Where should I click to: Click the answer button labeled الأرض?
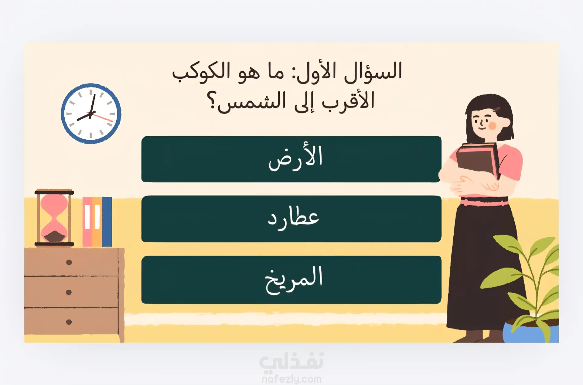point(291,159)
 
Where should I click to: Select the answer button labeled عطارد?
point(291,219)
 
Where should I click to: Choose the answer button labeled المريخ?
point(291,280)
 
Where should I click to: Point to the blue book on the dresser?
point(107,222)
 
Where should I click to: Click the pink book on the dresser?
point(87,222)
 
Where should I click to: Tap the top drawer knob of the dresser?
point(69,262)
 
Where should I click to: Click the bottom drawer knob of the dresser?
point(69,322)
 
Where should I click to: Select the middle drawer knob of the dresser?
point(69,292)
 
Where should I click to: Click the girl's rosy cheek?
point(492,125)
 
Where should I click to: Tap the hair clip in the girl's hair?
point(497,109)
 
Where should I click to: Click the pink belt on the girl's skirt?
point(484,203)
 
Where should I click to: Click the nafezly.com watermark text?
point(291,379)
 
